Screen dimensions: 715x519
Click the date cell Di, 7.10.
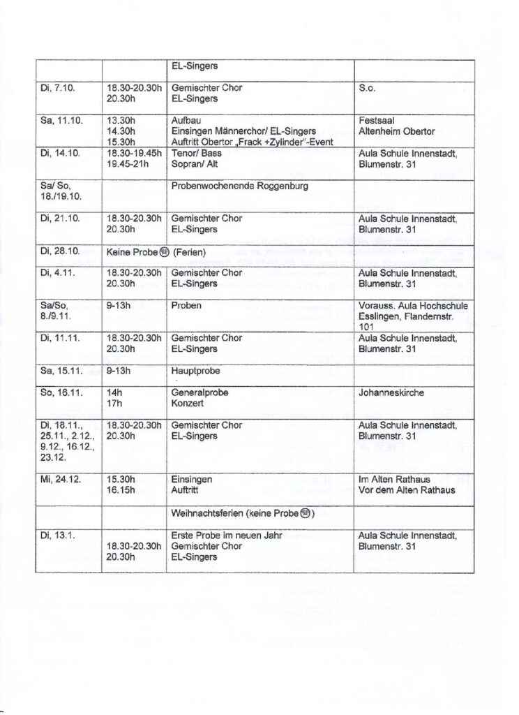(x=58, y=89)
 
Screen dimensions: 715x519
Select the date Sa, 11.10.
(x=62, y=120)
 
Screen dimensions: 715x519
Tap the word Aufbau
(x=185, y=120)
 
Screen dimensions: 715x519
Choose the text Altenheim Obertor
(x=396, y=131)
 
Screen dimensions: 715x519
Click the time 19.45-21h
(x=133, y=163)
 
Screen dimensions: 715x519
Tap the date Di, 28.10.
(x=61, y=250)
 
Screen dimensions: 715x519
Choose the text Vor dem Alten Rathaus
(x=407, y=490)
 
